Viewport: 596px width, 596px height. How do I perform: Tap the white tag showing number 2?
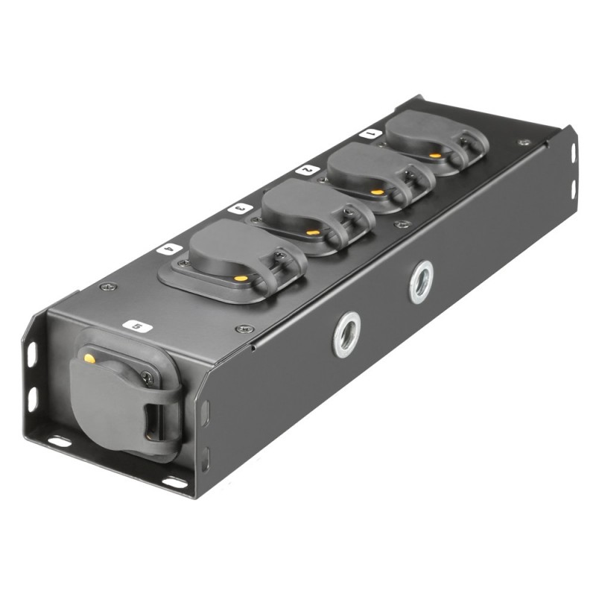pyautogui.click(x=305, y=170)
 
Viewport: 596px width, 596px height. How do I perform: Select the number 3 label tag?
pyautogui.click(x=238, y=209)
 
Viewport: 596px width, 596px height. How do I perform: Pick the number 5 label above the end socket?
pyautogui.click(x=136, y=326)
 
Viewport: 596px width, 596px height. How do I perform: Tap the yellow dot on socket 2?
pyautogui.click(x=378, y=192)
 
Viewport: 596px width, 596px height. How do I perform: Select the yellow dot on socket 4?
pyautogui.click(x=241, y=278)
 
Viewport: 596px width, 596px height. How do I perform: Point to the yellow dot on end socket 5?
pyautogui.click(x=89, y=359)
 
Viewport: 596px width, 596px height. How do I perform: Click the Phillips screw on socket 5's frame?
pyautogui.click(x=148, y=378)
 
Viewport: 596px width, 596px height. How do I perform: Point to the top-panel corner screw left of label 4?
pyautogui.click(x=109, y=286)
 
